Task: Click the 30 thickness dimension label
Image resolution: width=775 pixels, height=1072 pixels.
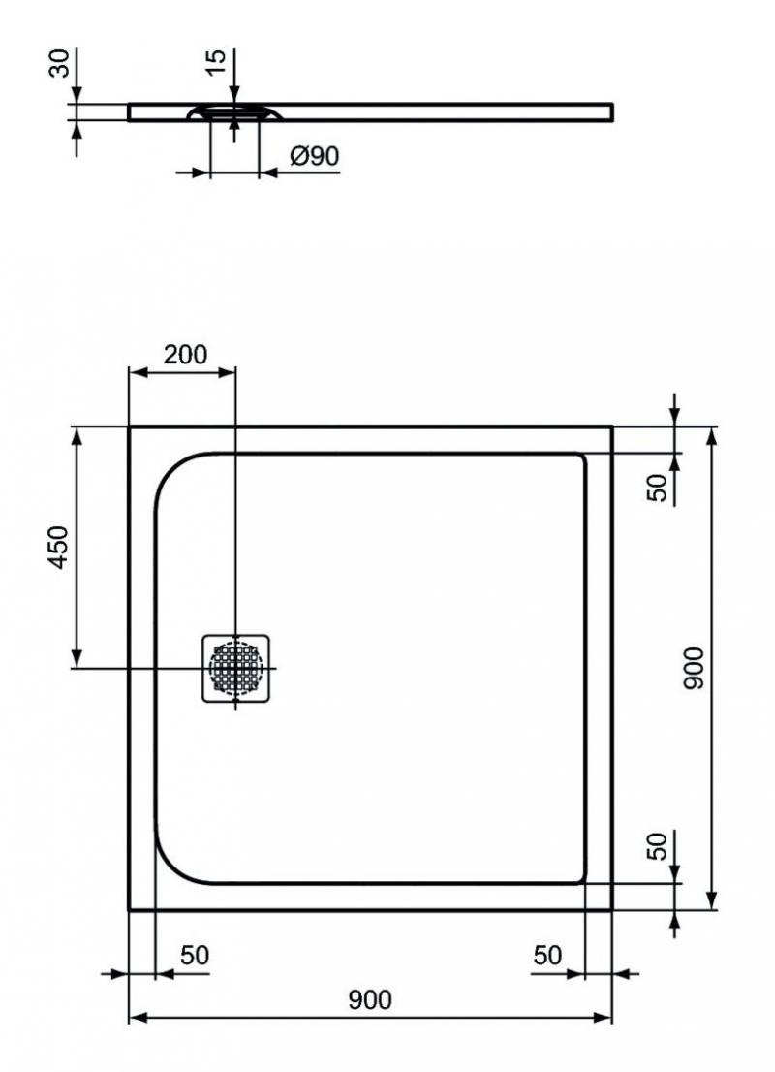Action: pyautogui.click(x=61, y=63)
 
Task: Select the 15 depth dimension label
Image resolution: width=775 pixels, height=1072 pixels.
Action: pyautogui.click(x=215, y=62)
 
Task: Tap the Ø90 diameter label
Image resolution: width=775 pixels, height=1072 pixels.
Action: pyautogui.click(x=315, y=156)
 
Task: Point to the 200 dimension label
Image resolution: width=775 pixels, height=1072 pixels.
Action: pyautogui.click(x=185, y=354)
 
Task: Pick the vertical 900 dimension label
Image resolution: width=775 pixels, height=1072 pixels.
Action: pyautogui.click(x=693, y=668)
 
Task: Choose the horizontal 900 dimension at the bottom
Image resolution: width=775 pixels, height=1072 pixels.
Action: pyautogui.click(x=370, y=999)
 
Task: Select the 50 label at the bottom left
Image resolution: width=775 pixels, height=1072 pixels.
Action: pyautogui.click(x=195, y=955)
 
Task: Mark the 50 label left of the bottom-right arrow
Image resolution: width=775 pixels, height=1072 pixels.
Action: pyautogui.click(x=547, y=955)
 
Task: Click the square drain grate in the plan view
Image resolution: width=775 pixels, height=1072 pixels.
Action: pyautogui.click(x=235, y=668)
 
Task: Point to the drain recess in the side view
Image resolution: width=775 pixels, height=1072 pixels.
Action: pyautogui.click(x=235, y=112)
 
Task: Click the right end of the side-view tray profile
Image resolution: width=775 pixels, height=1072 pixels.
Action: pyautogui.click(x=612, y=112)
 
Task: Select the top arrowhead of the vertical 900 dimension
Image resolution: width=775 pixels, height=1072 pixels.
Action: pyautogui.click(x=712, y=436)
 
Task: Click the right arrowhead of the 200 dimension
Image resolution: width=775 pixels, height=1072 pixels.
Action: pyautogui.click(x=227, y=372)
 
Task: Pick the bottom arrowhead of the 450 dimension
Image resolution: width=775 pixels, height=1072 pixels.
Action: pyautogui.click(x=77, y=658)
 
